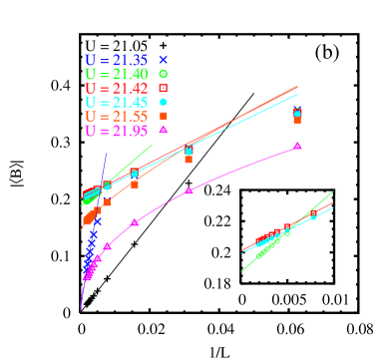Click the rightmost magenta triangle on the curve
tap(297, 146)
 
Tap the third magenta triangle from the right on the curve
tap(135, 222)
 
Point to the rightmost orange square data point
tap(297, 120)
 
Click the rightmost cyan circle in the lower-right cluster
tap(313, 216)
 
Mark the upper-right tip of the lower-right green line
tap(332, 192)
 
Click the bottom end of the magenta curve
tap(81, 312)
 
